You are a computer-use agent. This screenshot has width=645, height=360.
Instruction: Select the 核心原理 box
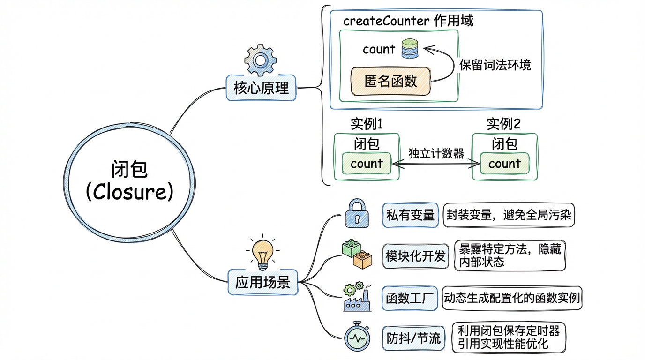point(261,88)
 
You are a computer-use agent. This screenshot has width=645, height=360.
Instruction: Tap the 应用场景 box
point(262,282)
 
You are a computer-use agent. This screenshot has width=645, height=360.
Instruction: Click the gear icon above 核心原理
point(260,60)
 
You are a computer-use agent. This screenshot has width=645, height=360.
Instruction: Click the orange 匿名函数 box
point(390,81)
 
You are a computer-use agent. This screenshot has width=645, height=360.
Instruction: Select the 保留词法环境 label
point(495,65)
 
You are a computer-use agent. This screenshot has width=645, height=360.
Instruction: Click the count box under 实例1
point(367,164)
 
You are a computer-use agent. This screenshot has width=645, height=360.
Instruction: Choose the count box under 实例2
point(504,164)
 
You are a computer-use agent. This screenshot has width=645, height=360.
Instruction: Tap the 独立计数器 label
point(436,154)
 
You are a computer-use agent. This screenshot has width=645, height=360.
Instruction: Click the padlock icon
point(358,213)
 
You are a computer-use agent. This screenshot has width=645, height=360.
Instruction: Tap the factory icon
point(357,296)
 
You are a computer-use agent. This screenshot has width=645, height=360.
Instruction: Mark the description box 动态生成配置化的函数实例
point(512,298)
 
